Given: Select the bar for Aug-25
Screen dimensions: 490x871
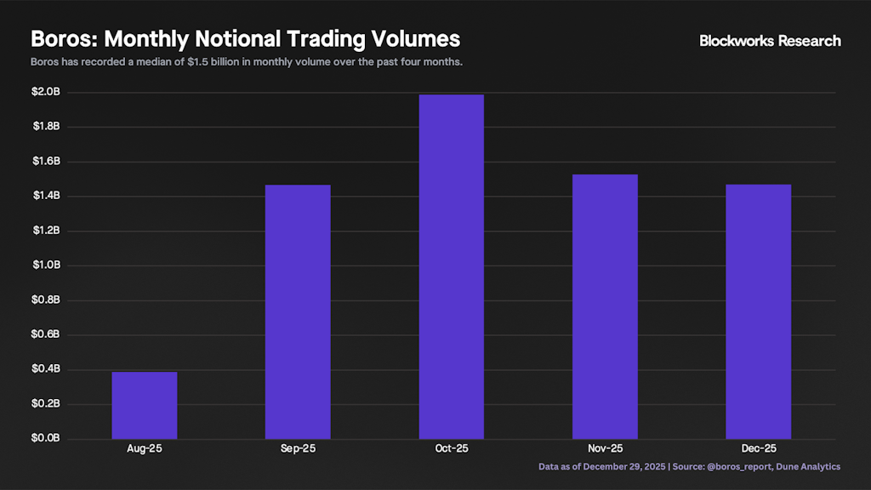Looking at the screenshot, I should pyautogui.click(x=145, y=405).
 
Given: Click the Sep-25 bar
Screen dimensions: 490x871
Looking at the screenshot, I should pyautogui.click(x=298, y=311).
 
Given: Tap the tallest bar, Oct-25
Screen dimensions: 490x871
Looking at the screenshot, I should pyautogui.click(x=451, y=266).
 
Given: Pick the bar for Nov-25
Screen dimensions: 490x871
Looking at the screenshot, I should pyautogui.click(x=605, y=306).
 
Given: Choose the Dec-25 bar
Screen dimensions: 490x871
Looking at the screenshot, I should pyautogui.click(x=758, y=311).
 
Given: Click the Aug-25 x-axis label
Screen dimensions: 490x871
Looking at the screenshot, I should pyautogui.click(x=145, y=448).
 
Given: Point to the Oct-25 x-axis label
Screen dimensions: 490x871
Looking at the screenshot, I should pyautogui.click(x=451, y=448).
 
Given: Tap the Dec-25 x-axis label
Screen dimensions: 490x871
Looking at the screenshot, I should pyautogui.click(x=758, y=448).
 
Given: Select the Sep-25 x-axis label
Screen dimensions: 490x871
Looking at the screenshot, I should pyautogui.click(x=298, y=448).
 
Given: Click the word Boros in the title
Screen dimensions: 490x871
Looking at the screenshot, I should pyautogui.click(x=64, y=39).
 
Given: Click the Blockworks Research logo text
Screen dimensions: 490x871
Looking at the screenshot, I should pyautogui.click(x=770, y=41).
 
